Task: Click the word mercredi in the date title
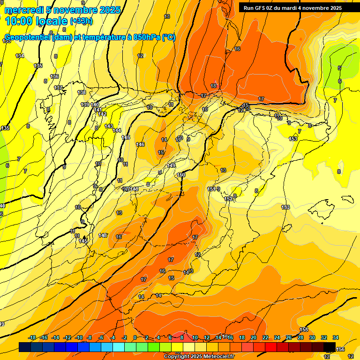coord(23,10)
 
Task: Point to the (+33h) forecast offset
coord(81,21)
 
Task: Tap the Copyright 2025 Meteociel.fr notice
coord(199,357)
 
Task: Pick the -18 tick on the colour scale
coord(32,338)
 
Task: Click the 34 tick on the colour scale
coord(336,338)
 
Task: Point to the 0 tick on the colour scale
coord(135,338)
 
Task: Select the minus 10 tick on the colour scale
coord(78,338)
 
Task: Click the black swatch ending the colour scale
coord(330,347)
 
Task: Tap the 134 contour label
coord(20,56)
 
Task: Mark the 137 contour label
coord(58,88)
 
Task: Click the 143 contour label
coord(109,126)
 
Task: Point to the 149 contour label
coord(171,165)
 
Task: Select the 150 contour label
coord(181,175)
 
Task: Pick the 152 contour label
coord(228,199)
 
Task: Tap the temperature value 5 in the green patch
coord(339,68)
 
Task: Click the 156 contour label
coord(341,349)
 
